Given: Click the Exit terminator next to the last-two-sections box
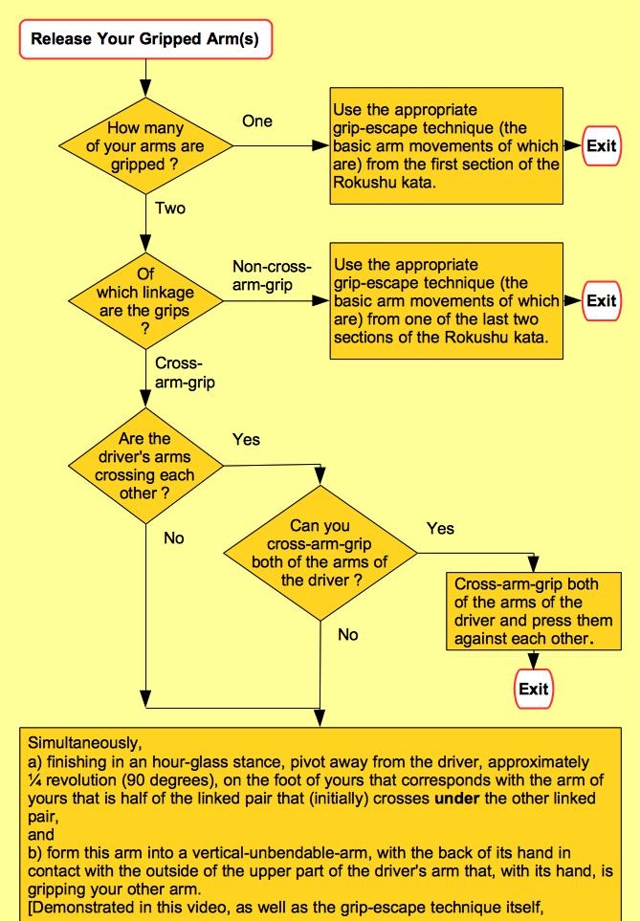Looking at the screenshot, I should pos(601,300).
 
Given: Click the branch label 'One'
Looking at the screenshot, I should pos(257,121).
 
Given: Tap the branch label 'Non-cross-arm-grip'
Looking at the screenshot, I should pos(262,276).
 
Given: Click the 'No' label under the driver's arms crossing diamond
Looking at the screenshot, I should pos(173,538).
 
